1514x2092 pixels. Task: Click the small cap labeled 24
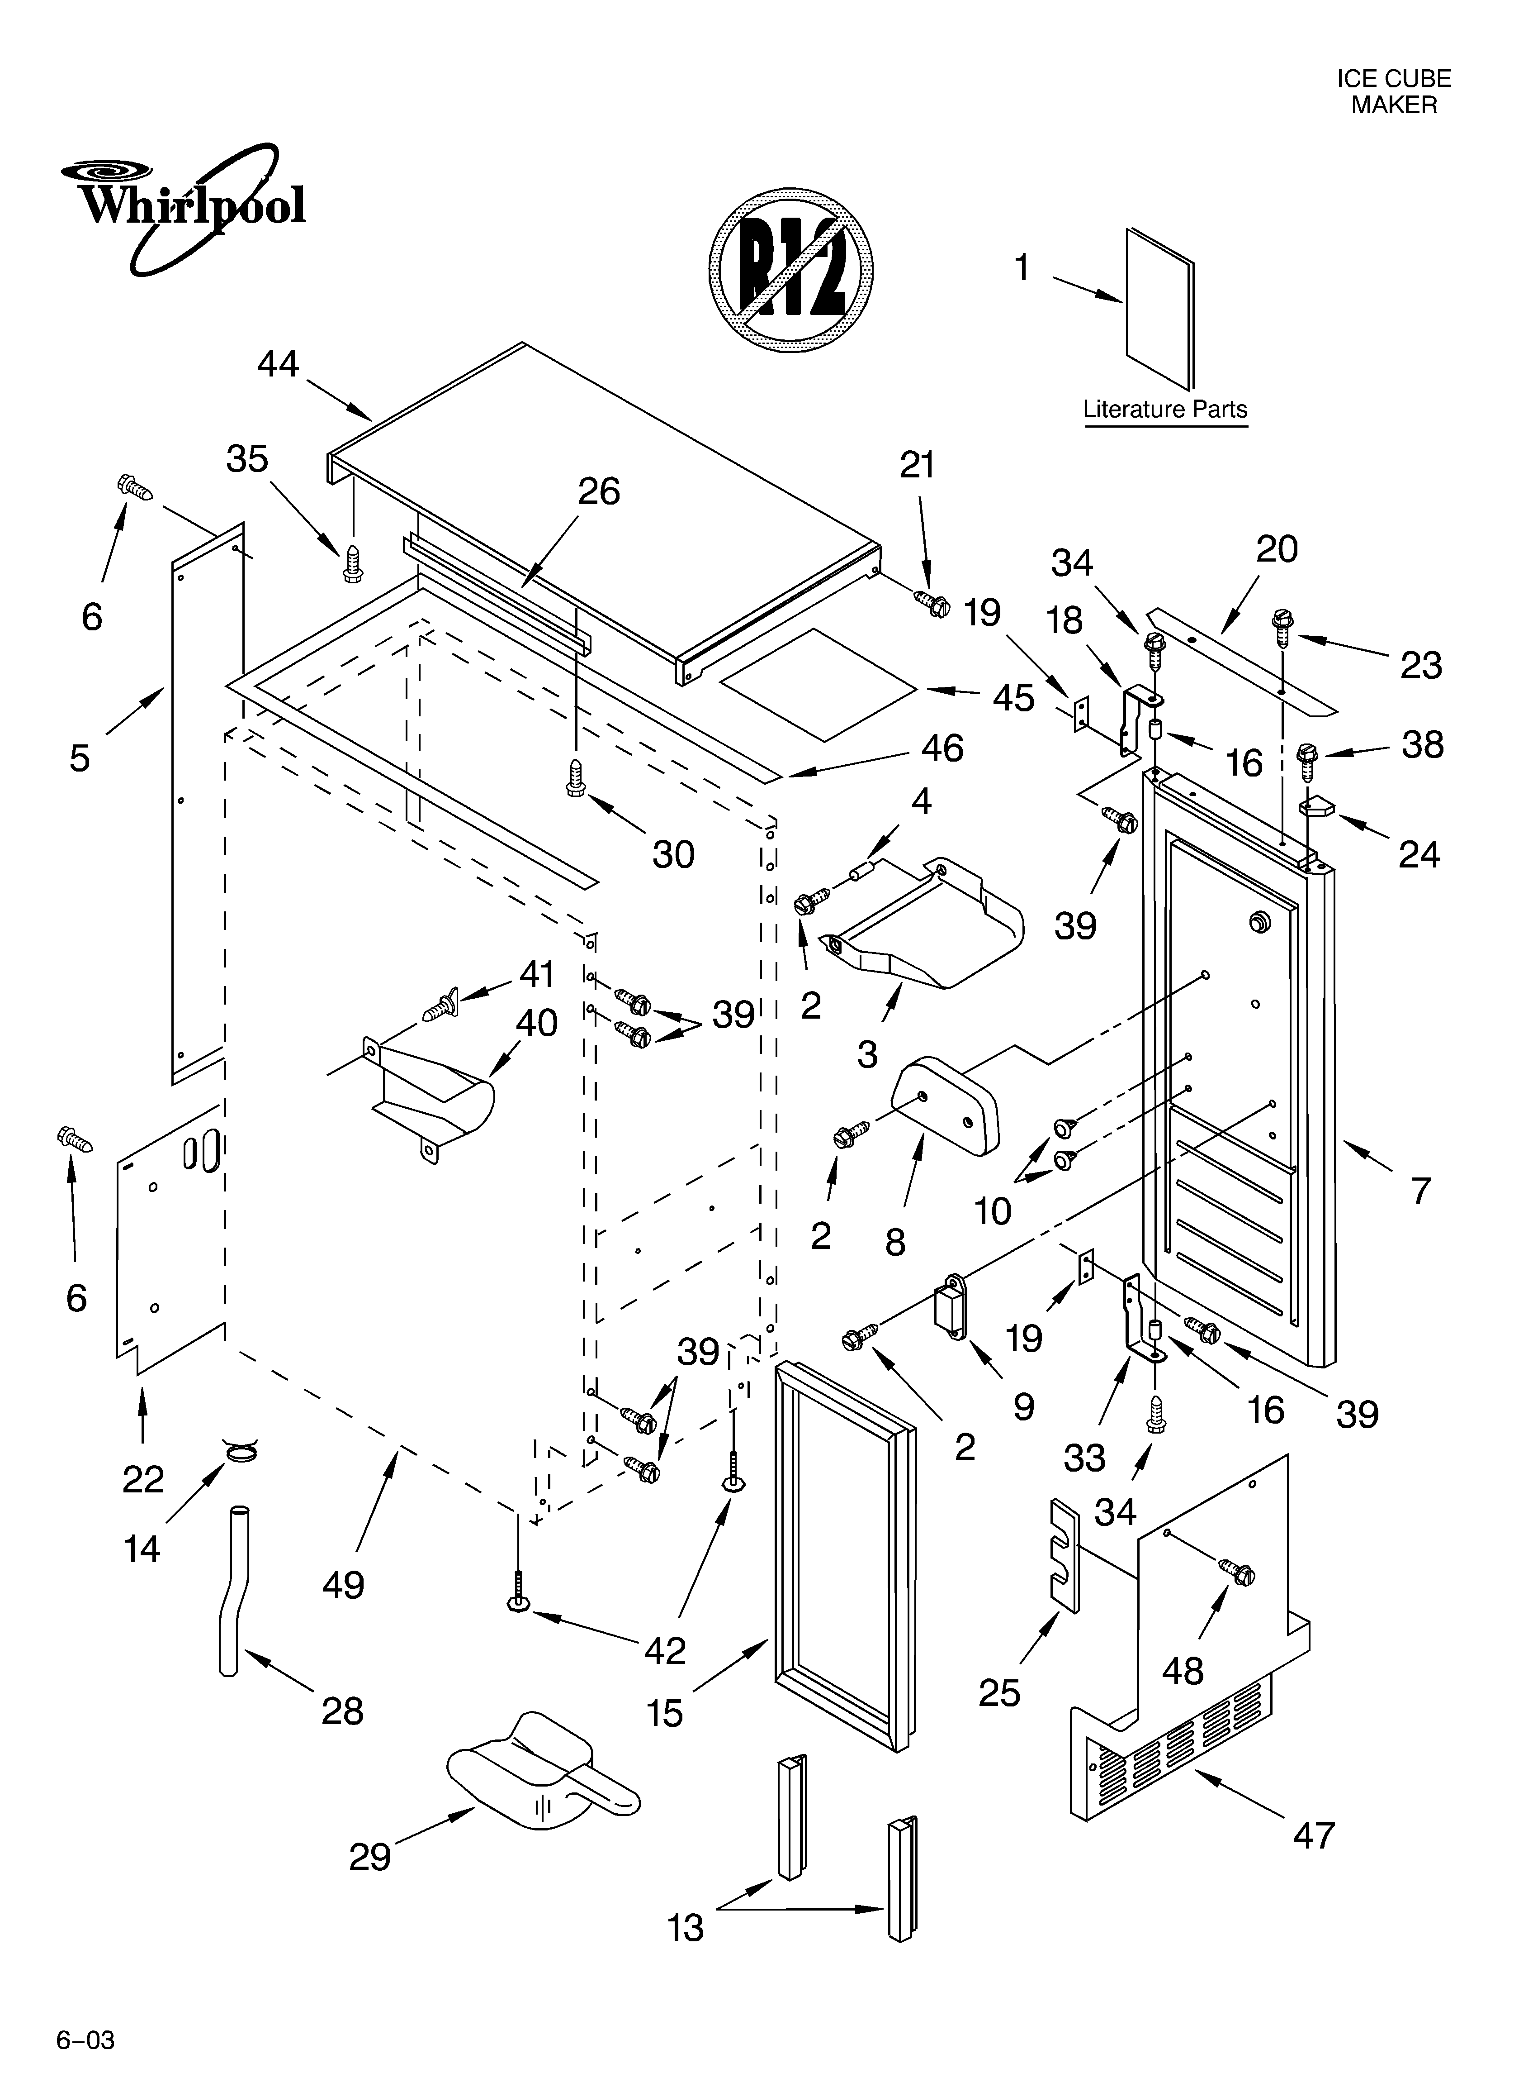pyautogui.click(x=1318, y=808)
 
